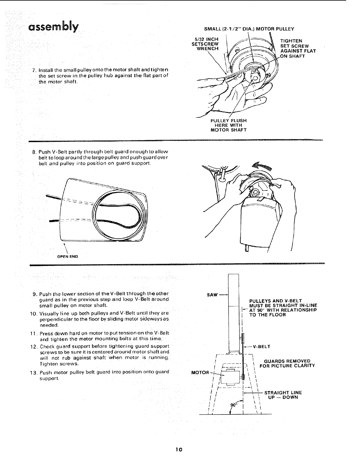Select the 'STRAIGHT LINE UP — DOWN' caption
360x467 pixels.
pyautogui.click(x=283, y=395)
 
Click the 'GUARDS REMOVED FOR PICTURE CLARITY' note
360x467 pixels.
pyautogui.click(x=287, y=363)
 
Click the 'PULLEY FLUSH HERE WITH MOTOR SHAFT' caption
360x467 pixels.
pyautogui.click(x=229, y=125)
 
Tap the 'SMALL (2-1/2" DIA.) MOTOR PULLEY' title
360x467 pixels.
pyautogui.click(x=249, y=29)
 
